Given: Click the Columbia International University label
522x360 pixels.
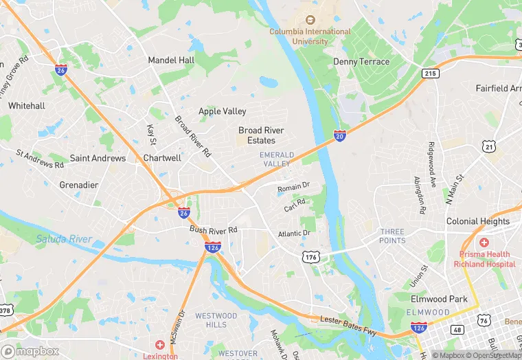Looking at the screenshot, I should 310,36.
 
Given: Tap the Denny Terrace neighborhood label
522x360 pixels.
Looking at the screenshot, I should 361,62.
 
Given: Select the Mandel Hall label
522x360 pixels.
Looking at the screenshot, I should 171,60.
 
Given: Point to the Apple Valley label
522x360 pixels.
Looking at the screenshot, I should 222,111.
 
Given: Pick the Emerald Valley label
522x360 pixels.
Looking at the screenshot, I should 277,159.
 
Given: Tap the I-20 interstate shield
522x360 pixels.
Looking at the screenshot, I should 339,136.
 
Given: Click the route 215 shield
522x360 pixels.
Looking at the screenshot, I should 431,74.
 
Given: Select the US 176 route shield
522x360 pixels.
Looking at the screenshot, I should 310,256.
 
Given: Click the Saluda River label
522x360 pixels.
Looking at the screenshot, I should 64,239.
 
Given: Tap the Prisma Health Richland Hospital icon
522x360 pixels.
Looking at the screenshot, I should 484,243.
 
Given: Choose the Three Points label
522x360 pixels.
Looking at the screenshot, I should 392,236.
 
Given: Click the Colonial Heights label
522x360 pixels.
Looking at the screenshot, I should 478,221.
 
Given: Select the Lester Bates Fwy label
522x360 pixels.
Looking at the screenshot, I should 349,324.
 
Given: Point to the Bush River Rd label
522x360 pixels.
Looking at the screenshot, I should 214,229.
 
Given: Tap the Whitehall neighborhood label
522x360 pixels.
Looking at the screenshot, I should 27,106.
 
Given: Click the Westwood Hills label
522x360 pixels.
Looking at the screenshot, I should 216,320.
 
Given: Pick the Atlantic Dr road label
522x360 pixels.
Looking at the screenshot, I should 295,234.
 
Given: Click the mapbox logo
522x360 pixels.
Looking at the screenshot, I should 30,351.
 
